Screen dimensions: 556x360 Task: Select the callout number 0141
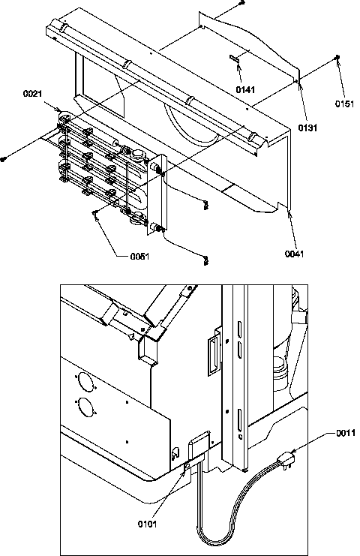[244, 89]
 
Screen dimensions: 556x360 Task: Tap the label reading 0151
[344, 104]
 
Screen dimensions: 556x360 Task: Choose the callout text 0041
[294, 254]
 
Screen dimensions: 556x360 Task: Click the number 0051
[139, 256]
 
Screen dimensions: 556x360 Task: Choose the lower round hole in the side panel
[86, 409]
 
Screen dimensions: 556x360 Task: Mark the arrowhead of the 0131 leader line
[298, 83]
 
